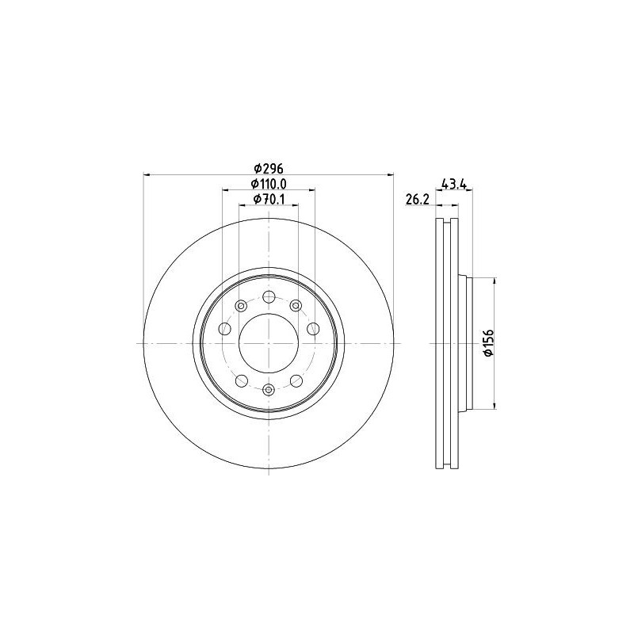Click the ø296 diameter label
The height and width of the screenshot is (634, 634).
coord(269,168)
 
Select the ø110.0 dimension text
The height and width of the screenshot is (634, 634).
coord(269,183)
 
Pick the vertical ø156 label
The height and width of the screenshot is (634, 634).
coord(488,342)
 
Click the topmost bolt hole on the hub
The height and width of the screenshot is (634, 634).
coord(269,297)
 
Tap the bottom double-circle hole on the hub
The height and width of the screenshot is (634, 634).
coord(269,388)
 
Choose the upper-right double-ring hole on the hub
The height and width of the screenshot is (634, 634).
coord(296,306)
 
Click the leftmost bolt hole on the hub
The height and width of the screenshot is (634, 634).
coord(225,329)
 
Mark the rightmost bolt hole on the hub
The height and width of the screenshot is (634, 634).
coord(312,329)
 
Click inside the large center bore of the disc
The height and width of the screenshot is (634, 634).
coord(269,342)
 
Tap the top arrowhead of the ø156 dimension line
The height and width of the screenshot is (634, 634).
coord(495,281)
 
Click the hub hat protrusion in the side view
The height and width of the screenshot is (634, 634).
coord(465,342)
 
